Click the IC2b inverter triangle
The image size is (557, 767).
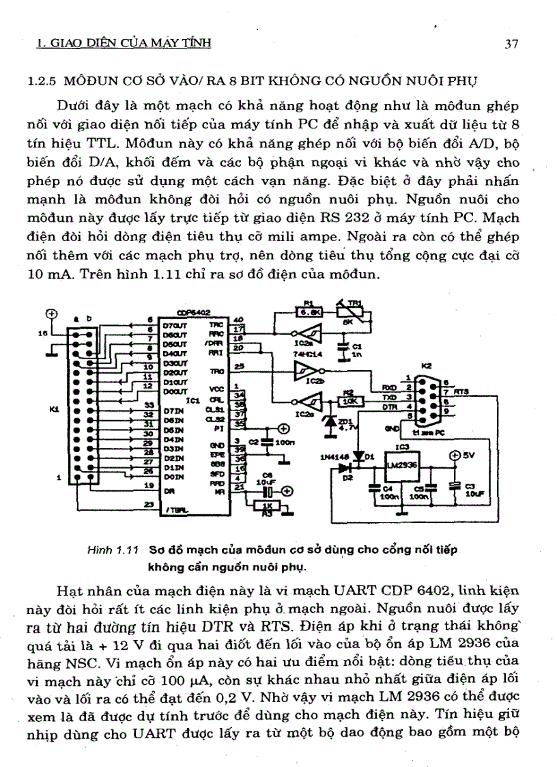point(304,371)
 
